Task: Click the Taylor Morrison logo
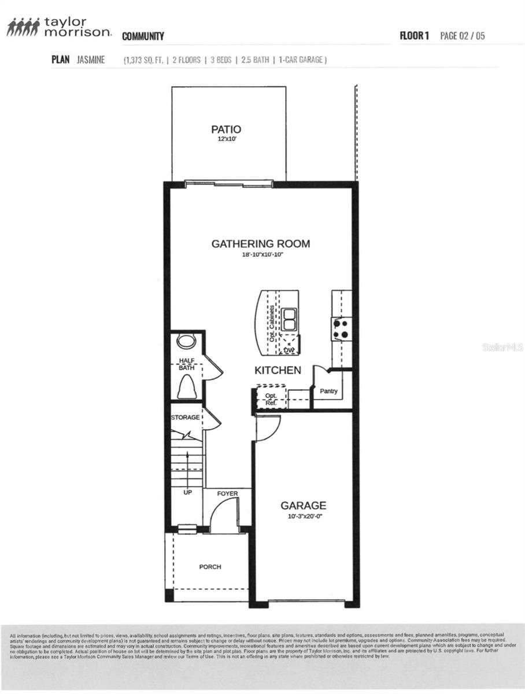click(x=58, y=27)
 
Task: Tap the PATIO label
click(x=226, y=129)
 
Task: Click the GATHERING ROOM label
click(x=260, y=243)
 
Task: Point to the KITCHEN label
click(x=278, y=370)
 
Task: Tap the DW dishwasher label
click(x=288, y=350)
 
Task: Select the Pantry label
click(x=328, y=392)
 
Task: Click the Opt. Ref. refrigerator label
click(x=271, y=398)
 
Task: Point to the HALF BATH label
click(x=186, y=364)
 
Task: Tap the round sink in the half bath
click(x=186, y=341)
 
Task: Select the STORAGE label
click(x=185, y=417)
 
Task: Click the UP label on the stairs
click(x=187, y=493)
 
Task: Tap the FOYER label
click(x=227, y=493)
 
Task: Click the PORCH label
click(x=210, y=567)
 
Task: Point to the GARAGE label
click(x=303, y=505)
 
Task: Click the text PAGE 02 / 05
click(x=463, y=36)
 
